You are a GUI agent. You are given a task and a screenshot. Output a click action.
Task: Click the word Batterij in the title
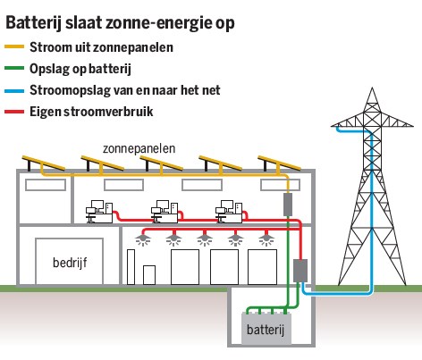(33, 23)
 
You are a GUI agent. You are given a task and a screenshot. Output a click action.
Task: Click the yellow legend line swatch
(14, 46)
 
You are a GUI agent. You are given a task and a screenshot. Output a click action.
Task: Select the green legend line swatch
(14, 68)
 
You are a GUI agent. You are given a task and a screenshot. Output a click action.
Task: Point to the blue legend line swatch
(14, 91)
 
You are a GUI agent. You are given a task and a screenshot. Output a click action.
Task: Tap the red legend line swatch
(14, 113)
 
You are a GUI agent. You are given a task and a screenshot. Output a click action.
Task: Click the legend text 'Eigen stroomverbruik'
(91, 112)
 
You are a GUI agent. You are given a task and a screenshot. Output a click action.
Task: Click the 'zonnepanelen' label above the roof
(139, 148)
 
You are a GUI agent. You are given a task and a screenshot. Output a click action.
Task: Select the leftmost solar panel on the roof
(43, 163)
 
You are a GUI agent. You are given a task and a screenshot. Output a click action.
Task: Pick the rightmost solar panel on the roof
(279, 163)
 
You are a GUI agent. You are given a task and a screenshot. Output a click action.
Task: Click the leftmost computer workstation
(99, 212)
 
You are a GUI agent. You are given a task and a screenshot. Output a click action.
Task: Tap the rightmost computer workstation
(229, 212)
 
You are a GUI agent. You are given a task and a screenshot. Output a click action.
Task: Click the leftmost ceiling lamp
(143, 239)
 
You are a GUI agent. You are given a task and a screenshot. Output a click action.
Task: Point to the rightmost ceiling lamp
(266, 239)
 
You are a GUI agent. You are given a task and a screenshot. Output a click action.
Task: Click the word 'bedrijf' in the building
(70, 263)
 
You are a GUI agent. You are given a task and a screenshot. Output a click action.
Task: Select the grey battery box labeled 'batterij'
(266, 329)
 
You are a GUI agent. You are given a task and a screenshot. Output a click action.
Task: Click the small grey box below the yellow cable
(288, 205)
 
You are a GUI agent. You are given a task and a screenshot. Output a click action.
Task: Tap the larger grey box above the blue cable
(300, 271)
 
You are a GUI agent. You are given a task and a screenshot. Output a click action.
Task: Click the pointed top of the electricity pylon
(372, 88)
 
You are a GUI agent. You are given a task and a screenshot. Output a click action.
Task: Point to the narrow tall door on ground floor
(131, 267)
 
